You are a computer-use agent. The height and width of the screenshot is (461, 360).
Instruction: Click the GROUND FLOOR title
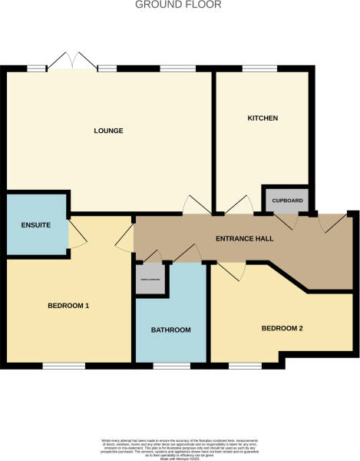[x=178, y=5]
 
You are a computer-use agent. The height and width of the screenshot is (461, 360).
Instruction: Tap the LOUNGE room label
[x=109, y=131]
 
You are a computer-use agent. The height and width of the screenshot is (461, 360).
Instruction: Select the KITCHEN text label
[x=262, y=118]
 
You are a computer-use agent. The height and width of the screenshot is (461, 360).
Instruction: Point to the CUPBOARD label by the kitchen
[x=288, y=201]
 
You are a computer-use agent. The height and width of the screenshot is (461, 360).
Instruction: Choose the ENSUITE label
[x=35, y=226]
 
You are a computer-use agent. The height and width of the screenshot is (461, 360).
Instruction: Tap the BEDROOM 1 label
[x=68, y=305]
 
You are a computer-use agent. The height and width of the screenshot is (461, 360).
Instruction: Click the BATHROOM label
[x=170, y=330]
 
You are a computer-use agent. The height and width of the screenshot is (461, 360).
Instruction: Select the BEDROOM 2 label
[x=282, y=328]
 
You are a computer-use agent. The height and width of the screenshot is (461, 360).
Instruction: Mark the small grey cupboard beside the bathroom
[x=149, y=280]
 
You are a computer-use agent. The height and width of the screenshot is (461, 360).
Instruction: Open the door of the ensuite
[x=77, y=234]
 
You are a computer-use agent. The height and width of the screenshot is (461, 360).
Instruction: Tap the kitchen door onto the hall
[x=237, y=204]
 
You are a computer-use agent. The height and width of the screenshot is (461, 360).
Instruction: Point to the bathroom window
[x=170, y=363]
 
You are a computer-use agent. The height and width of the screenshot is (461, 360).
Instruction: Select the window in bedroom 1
[x=63, y=365]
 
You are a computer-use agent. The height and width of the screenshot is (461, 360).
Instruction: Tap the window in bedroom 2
[x=246, y=363]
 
